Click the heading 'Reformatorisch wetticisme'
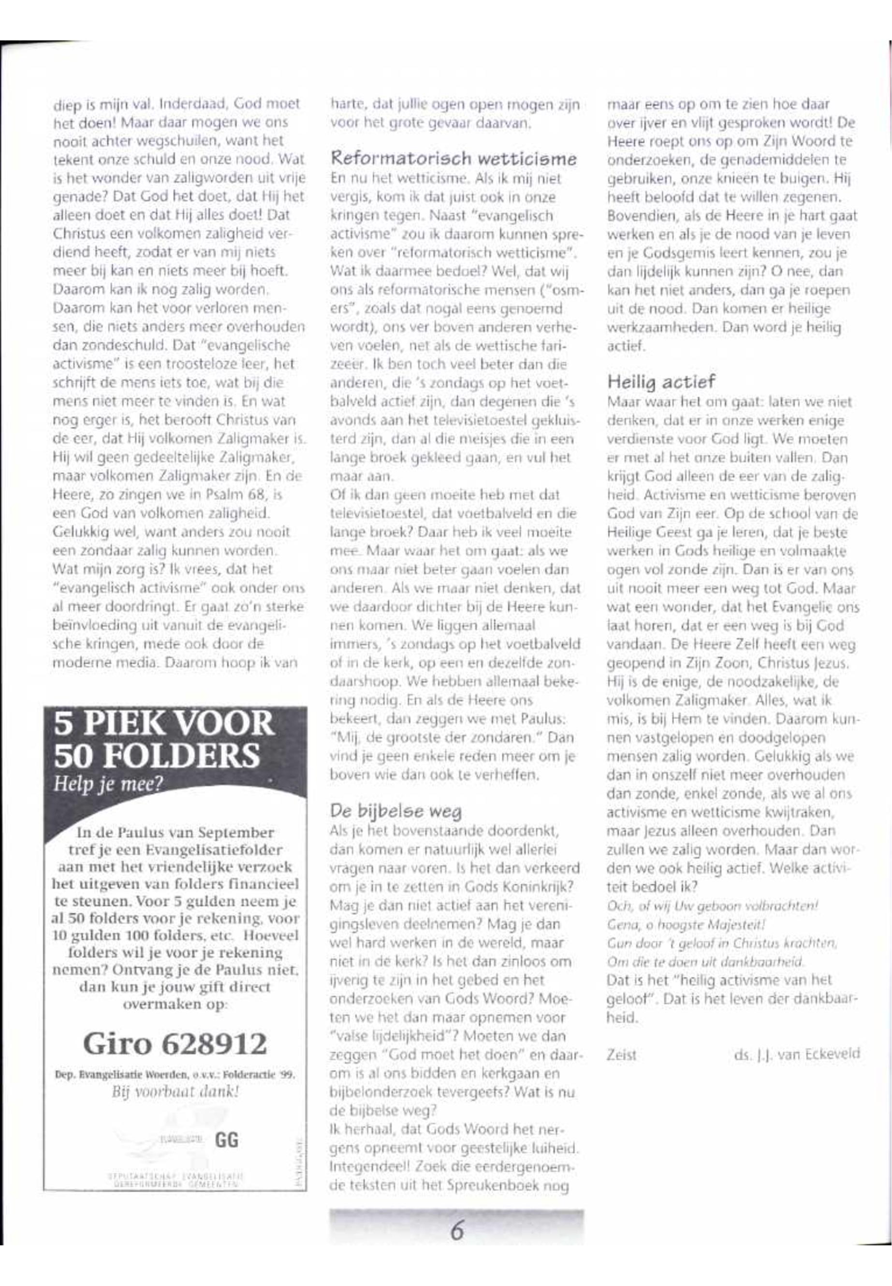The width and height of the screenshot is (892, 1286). (x=453, y=159)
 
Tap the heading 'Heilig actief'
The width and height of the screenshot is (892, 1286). (x=660, y=382)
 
